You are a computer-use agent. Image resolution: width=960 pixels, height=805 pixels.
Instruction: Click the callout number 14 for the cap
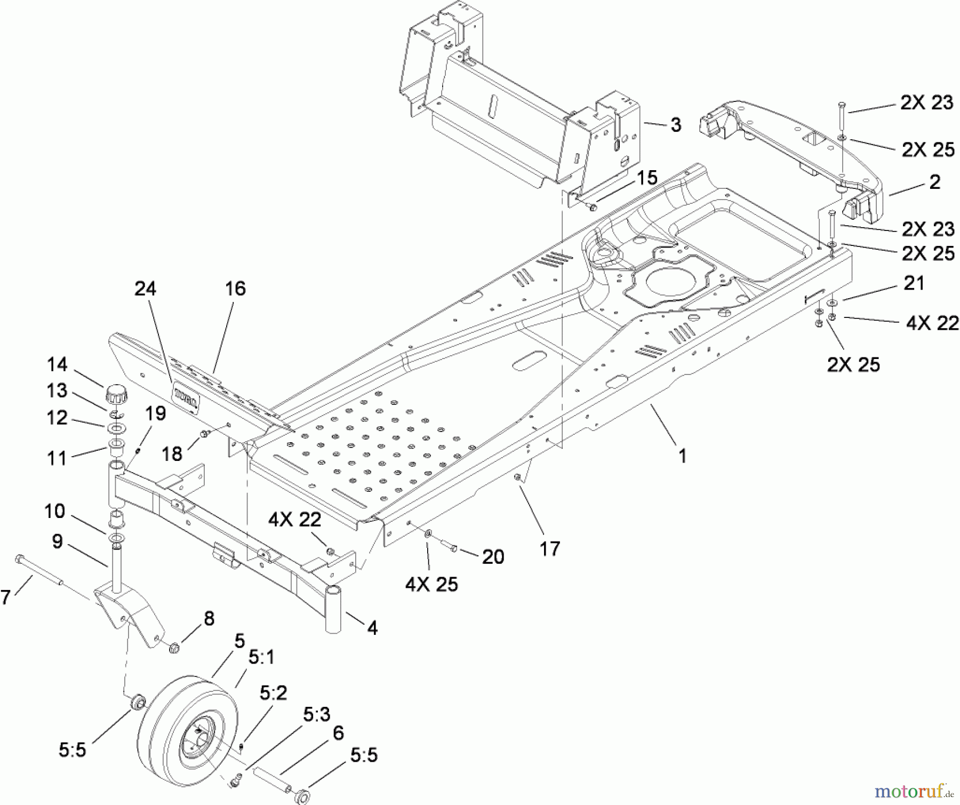point(57,365)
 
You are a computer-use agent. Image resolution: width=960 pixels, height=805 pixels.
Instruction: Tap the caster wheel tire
point(176,731)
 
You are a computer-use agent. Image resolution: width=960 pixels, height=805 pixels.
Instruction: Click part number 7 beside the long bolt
point(5,597)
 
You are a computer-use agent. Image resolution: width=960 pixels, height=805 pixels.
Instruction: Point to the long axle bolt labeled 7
point(40,571)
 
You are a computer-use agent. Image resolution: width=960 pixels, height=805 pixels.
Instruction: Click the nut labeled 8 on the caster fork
point(173,649)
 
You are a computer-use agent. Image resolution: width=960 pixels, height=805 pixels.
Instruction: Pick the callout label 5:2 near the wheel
point(273,693)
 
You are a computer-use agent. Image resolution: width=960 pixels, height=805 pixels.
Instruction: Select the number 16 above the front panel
point(235,289)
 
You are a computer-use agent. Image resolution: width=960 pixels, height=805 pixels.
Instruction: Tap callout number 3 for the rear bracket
point(676,125)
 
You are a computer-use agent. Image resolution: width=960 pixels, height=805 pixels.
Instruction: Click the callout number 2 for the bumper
point(934,182)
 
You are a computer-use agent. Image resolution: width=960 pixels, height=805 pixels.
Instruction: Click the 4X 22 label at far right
point(932,323)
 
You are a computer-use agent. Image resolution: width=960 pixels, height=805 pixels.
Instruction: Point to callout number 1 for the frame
point(682,456)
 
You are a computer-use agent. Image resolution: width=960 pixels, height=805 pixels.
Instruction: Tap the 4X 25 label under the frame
point(431,584)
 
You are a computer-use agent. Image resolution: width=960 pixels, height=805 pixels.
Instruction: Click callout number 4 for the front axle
point(372,628)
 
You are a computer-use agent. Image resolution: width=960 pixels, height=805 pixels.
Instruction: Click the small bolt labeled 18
point(204,435)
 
